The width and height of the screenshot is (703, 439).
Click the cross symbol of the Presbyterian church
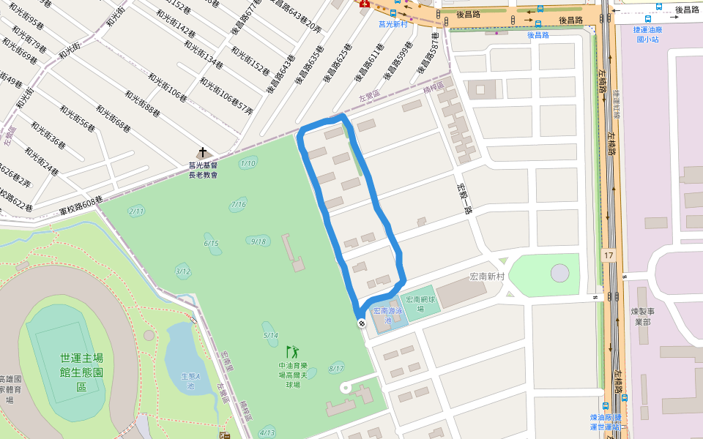point(202,154)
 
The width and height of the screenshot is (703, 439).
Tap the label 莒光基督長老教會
point(203,170)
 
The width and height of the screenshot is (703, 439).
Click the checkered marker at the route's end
point(361,323)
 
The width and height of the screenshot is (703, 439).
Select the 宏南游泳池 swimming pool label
point(389,315)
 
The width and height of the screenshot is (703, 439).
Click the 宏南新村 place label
point(488,277)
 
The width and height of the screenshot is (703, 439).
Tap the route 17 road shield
point(609,255)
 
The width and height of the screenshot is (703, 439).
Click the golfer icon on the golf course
point(292,352)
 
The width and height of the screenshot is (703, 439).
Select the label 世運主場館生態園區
point(82,372)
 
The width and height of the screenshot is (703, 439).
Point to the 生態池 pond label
point(190,381)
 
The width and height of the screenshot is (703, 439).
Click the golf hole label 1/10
point(248,163)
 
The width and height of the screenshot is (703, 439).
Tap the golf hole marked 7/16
point(238,204)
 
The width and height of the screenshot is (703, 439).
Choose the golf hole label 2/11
point(136,211)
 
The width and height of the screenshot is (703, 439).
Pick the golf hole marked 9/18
point(258,241)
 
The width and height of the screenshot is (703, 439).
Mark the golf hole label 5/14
point(270,335)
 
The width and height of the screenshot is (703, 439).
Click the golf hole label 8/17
point(336,368)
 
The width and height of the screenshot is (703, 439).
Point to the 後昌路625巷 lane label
point(336,63)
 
